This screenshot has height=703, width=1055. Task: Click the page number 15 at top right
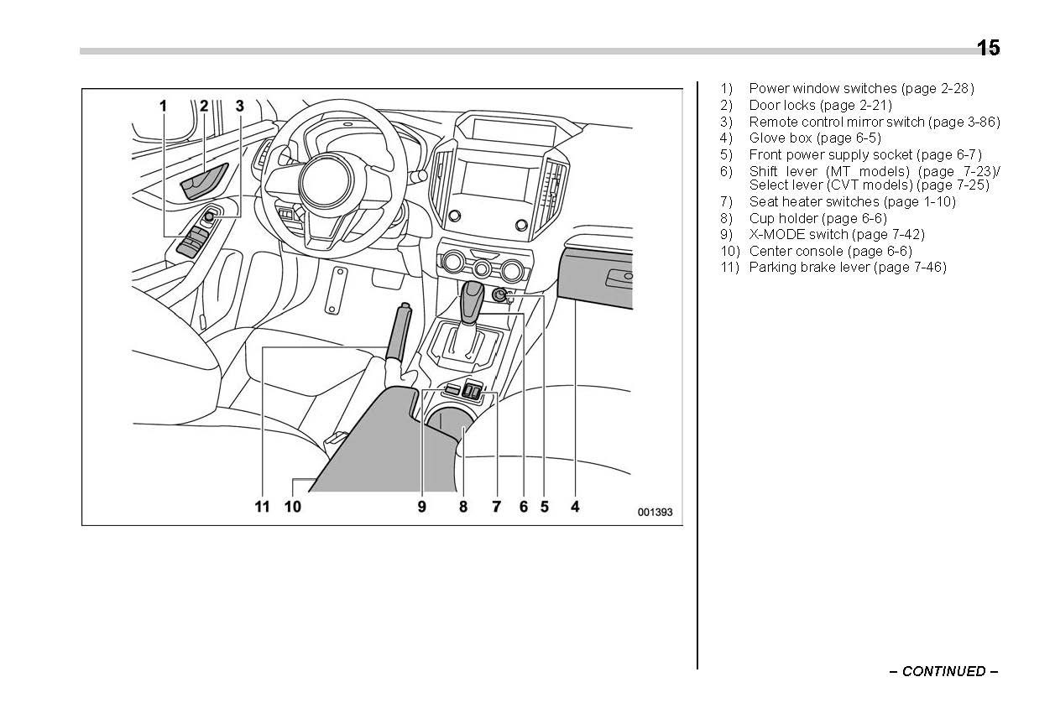[988, 49]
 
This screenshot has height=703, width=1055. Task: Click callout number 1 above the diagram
[164, 106]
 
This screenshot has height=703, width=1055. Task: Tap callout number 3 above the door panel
[240, 106]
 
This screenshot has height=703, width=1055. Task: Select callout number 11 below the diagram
[263, 506]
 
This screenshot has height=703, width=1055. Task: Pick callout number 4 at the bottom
[575, 506]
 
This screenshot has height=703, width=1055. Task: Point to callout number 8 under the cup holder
[463, 506]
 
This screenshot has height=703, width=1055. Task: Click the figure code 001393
[655, 513]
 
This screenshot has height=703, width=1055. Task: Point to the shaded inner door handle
[206, 181]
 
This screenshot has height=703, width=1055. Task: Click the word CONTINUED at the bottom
[943, 671]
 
